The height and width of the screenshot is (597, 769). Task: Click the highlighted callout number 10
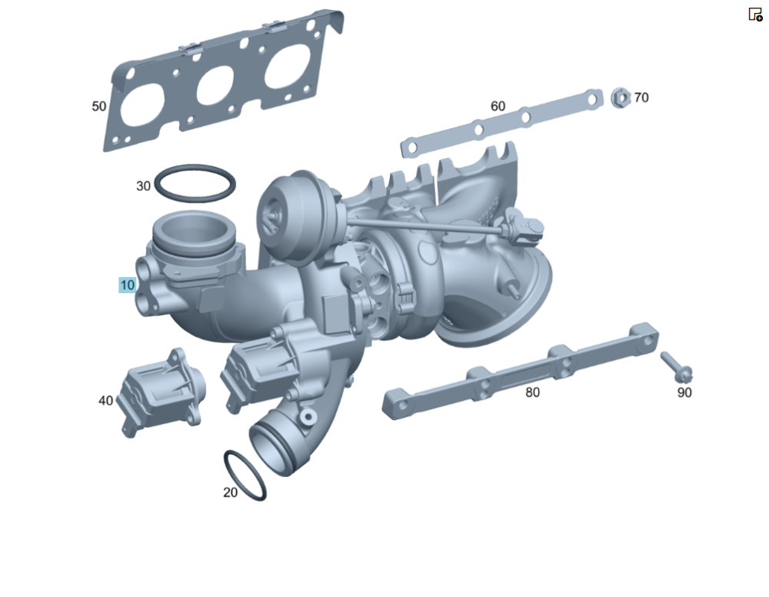(x=127, y=285)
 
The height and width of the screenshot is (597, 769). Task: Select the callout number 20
(x=231, y=492)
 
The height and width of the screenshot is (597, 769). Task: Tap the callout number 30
(x=143, y=186)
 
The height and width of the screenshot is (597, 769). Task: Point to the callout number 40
(x=106, y=401)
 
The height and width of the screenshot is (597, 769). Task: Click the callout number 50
(x=99, y=106)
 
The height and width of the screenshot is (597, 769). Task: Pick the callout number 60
(x=498, y=106)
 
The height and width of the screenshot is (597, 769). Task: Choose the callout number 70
(x=641, y=98)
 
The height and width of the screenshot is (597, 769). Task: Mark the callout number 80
(x=533, y=392)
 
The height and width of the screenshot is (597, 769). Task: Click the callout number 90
(x=684, y=392)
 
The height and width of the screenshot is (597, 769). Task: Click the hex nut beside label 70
(x=621, y=98)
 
